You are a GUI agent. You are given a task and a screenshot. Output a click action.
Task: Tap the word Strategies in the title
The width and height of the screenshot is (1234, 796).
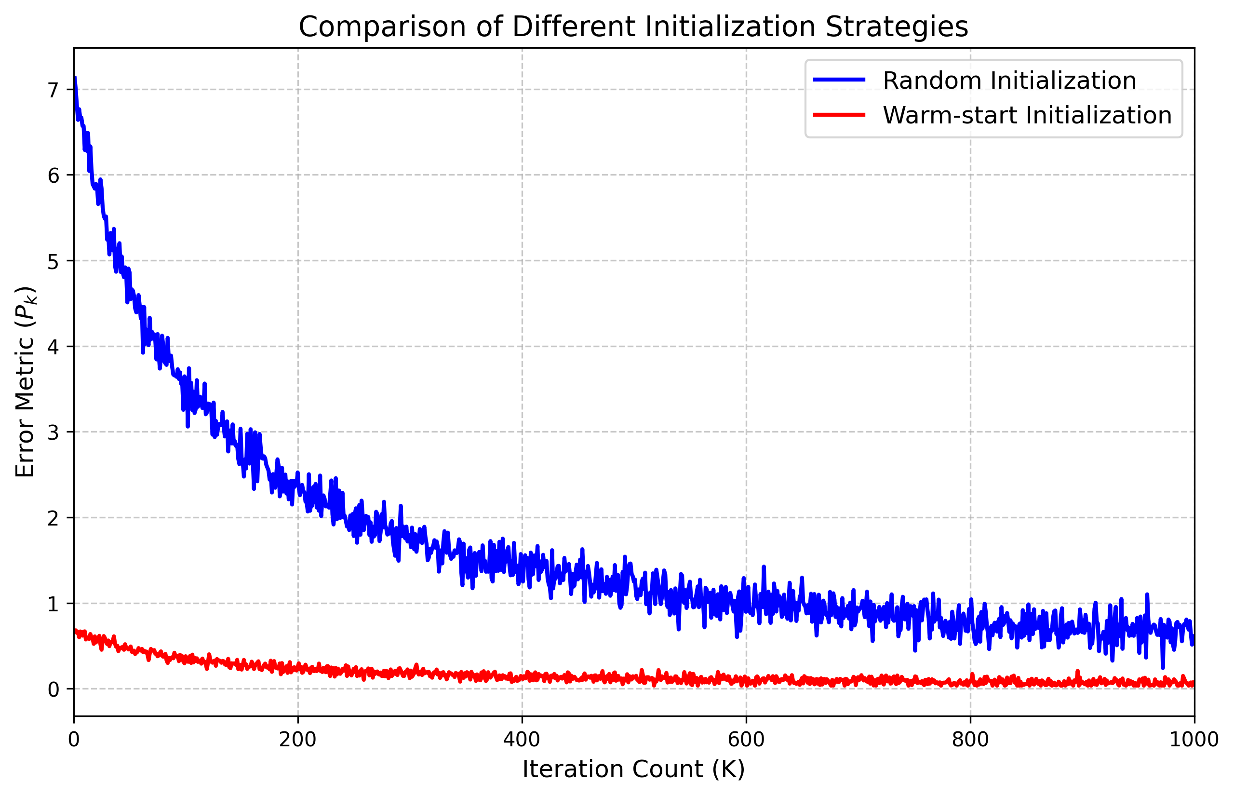[897, 27]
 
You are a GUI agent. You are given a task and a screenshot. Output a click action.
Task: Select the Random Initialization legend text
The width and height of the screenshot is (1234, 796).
[1009, 81]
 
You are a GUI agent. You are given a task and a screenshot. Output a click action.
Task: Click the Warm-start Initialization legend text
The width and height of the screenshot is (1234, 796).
[1027, 115]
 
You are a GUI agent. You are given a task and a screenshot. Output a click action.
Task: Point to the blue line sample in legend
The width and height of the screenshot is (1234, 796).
[839, 80]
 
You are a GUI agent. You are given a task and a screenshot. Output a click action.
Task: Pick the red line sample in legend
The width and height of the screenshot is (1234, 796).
[839, 115]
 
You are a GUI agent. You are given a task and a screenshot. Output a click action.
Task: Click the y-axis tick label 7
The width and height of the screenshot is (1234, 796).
[53, 91]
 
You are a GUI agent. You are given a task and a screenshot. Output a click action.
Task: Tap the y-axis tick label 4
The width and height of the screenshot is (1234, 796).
[53, 347]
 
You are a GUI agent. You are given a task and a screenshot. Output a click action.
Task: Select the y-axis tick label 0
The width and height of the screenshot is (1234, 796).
[53, 689]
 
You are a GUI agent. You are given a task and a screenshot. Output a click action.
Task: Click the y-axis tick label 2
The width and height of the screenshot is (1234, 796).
[53, 518]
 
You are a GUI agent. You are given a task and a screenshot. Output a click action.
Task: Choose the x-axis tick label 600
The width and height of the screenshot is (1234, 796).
[746, 740]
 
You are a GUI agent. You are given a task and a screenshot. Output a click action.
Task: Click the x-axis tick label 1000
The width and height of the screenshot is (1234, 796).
[1194, 740]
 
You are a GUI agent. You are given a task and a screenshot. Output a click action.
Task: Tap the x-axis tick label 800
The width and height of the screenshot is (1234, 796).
[970, 740]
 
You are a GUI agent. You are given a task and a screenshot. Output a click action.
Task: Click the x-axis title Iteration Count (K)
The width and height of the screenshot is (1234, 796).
[633, 769]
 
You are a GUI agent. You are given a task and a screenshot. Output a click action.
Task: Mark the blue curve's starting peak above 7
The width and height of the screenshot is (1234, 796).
[76, 79]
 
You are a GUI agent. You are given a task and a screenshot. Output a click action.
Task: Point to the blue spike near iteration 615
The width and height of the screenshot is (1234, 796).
[763, 567]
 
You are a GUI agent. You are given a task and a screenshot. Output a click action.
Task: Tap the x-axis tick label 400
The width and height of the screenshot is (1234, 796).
[522, 740]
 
